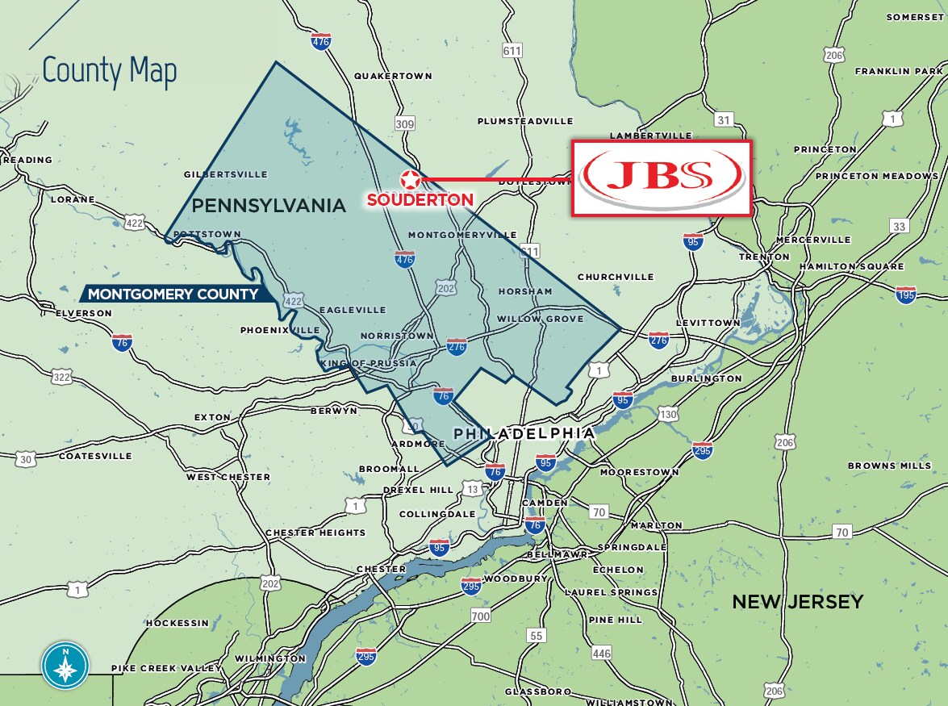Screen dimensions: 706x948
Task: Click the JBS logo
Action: click(662, 178)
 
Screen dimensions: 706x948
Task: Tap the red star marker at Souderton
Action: click(411, 179)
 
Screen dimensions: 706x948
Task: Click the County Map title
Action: click(109, 71)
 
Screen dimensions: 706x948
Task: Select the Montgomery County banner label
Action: click(173, 294)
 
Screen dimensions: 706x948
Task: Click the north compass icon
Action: click(65, 664)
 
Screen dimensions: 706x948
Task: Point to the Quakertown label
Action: click(393, 76)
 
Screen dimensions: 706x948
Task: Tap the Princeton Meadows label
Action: click(876, 176)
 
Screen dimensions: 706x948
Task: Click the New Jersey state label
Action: click(797, 601)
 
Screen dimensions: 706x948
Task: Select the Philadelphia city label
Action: click(524, 433)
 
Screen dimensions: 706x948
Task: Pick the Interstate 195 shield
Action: click(905, 295)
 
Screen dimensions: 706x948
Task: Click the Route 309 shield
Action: click(405, 123)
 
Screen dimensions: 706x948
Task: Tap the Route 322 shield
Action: click(61, 376)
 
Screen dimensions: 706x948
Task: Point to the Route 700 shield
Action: click(480, 616)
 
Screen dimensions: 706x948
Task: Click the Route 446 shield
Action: click(601, 653)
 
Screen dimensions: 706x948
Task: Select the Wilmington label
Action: click(269, 658)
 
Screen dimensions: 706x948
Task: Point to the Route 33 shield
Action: click(899, 227)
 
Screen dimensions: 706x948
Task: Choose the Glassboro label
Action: click(538, 691)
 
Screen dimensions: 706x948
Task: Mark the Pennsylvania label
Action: click(269, 206)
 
